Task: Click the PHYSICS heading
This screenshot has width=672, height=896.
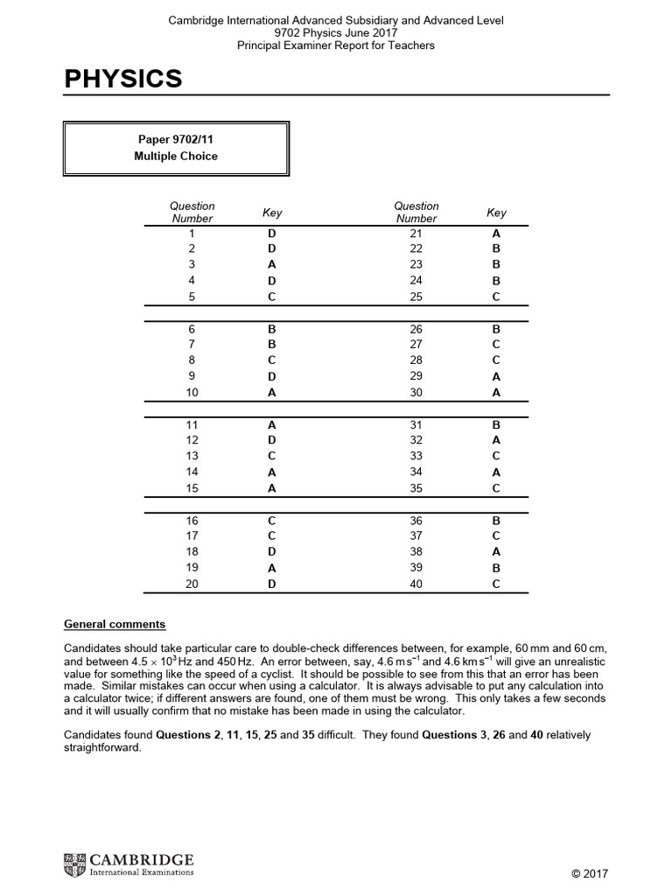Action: point(123,79)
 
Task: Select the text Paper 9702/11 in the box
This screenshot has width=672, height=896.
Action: point(176,139)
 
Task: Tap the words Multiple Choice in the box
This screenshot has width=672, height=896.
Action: point(176,156)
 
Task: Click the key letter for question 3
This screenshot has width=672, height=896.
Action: point(272,264)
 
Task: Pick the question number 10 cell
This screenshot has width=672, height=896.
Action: point(192,393)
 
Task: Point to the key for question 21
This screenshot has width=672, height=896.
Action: point(496,234)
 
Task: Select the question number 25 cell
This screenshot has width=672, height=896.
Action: point(416,297)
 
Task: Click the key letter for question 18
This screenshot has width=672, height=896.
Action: point(272,551)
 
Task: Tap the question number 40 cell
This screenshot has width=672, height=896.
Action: point(416,584)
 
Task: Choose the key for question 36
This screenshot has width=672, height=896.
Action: point(496,520)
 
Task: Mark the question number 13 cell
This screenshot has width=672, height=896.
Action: point(192,456)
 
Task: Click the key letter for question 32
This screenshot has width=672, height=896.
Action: point(496,440)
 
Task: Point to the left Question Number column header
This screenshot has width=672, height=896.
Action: point(192,212)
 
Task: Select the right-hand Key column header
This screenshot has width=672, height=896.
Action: point(496,213)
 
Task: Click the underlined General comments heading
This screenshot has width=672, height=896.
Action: point(115,625)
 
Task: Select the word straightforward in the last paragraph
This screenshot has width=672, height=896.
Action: point(102,749)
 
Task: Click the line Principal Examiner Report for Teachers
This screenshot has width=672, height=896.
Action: point(336,45)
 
